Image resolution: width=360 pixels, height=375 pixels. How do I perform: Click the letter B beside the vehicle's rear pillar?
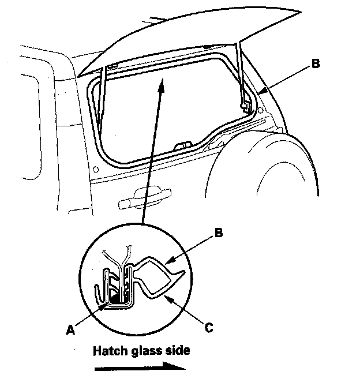pyautogui.click(x=315, y=65)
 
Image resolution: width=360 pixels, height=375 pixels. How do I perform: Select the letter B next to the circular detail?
pyautogui.click(x=218, y=234)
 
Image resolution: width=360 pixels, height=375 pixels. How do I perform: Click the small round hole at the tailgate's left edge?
pyautogui.click(x=96, y=170)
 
